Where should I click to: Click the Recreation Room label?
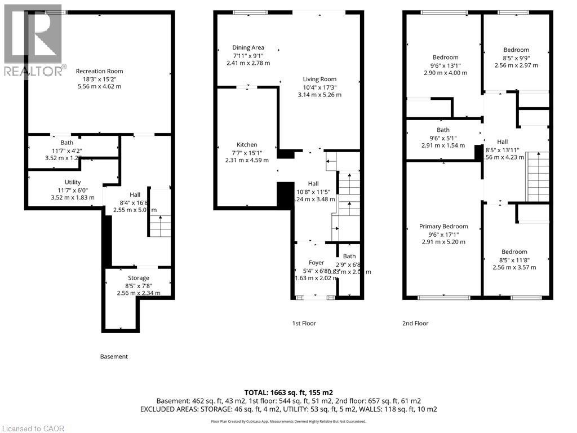[x=99, y=71]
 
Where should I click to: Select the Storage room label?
[x=138, y=278]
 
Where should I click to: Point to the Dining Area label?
[x=248, y=48]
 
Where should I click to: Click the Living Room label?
[x=319, y=79]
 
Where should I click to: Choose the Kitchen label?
[x=247, y=145]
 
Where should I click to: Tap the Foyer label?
[x=316, y=263]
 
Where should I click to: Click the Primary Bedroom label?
[x=443, y=227]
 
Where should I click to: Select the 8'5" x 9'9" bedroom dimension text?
[x=516, y=58]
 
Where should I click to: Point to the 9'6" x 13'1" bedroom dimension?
[x=445, y=65]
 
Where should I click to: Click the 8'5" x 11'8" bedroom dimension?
[x=514, y=259]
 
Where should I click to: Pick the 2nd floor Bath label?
[x=443, y=130]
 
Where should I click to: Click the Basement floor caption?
[x=114, y=356]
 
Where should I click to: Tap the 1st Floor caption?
[x=304, y=324]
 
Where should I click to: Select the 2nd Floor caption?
[x=415, y=324]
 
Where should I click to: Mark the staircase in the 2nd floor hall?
[x=536, y=176]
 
